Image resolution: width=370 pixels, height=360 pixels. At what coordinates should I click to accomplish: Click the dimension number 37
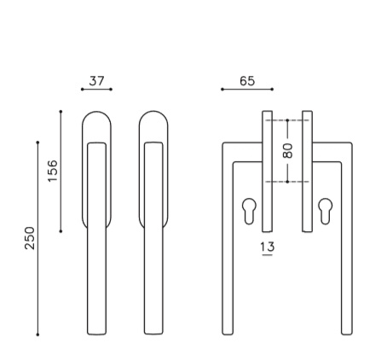coord(97,81)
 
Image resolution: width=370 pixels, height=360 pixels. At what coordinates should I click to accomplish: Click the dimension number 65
coord(247,81)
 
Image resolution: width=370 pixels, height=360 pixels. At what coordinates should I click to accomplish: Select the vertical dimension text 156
coord(53,171)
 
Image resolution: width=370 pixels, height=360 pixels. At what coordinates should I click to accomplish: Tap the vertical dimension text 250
coord(30,238)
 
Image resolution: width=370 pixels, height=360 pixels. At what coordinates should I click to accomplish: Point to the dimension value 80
coord(287,151)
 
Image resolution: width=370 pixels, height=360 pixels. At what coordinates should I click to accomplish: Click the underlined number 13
coord(268,247)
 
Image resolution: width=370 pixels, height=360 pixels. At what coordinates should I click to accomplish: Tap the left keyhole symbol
coord(249,211)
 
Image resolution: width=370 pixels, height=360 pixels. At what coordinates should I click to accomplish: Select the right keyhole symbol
coord(326,211)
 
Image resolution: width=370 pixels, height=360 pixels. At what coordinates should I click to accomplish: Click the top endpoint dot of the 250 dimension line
coord(38,142)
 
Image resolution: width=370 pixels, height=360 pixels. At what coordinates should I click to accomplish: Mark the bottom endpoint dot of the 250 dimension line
coord(38,334)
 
